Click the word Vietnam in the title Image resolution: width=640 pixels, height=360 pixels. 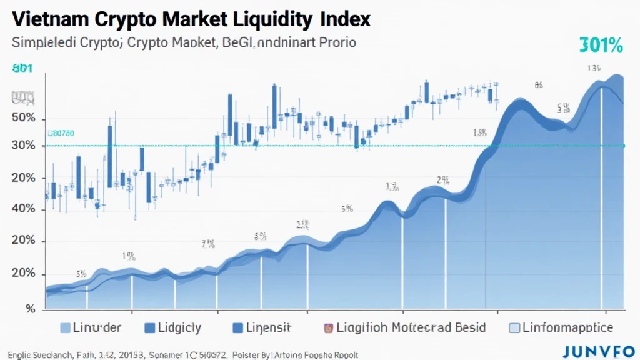tap(49, 19)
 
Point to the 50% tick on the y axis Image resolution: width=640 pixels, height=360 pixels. tap(24, 119)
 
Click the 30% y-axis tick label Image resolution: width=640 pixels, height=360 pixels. tap(24, 146)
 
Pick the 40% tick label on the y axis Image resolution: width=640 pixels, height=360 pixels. tap(24, 209)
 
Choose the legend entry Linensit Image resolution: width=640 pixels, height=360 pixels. tap(266, 327)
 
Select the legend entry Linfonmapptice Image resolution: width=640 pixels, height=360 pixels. tap(561, 327)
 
